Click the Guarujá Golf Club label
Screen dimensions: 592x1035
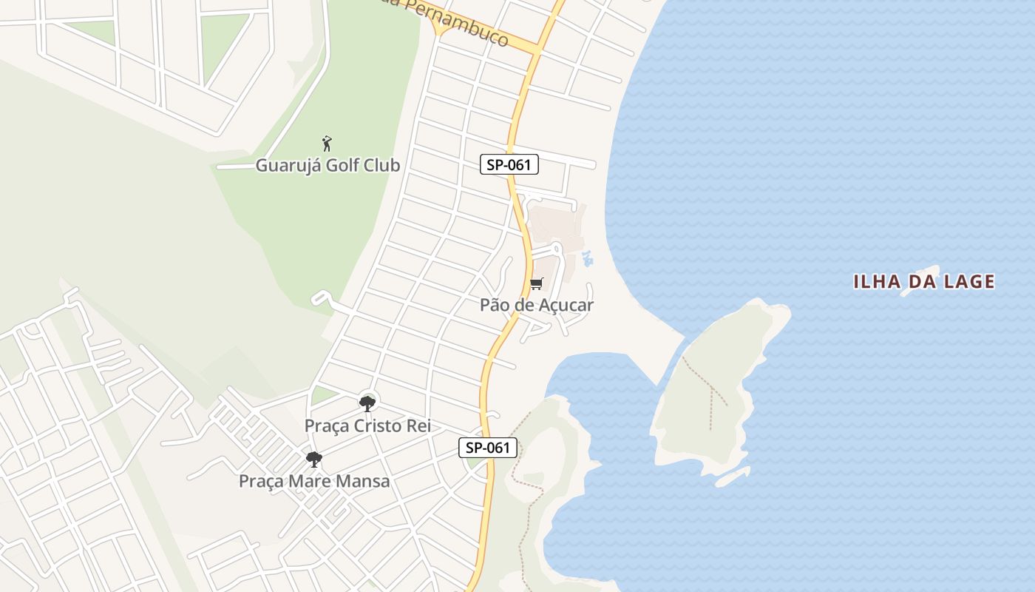tap(328, 165)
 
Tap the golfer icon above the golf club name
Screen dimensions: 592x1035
tap(327, 143)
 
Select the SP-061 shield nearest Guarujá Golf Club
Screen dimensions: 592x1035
tap(509, 164)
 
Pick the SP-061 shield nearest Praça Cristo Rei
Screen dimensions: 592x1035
tap(487, 447)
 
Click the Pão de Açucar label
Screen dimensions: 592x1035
tap(536, 304)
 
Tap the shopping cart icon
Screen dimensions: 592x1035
tap(537, 284)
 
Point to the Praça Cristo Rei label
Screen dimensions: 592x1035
tap(367, 426)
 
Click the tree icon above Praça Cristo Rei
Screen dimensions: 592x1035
tap(367, 403)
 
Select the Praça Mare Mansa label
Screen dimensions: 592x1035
tap(313, 481)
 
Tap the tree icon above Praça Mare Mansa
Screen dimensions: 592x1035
tap(314, 459)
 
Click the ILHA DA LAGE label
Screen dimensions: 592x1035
tap(924, 281)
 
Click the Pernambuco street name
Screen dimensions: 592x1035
tap(466, 27)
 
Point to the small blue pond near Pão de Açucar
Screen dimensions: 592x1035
tap(588, 258)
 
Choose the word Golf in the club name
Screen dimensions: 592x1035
tap(342, 165)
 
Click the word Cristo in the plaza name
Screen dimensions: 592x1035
tap(376, 426)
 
